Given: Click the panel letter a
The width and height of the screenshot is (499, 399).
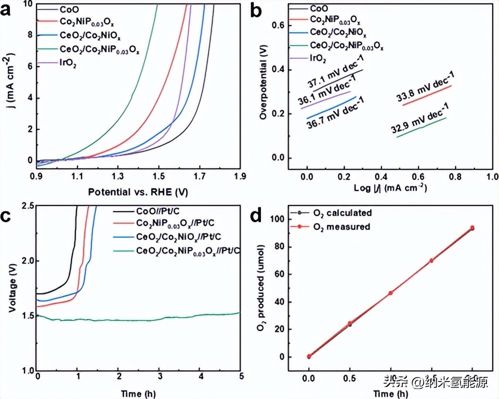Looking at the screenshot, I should coord(8,10).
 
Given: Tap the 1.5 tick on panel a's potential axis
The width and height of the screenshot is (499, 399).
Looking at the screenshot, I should coord(159,176).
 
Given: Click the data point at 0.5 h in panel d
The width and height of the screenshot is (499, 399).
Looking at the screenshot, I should coord(350,324).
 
